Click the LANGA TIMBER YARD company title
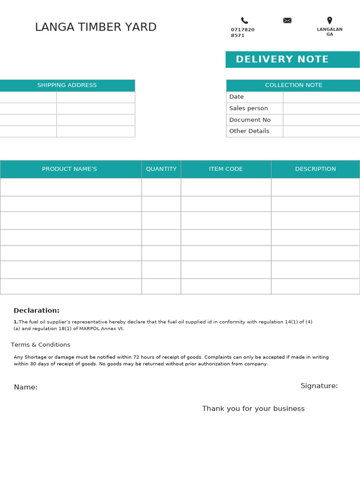[x=96, y=27]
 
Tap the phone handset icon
[x=244, y=21]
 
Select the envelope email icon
[x=287, y=20]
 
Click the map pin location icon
[x=330, y=21]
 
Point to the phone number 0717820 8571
[x=242, y=32]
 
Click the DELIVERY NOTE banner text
[x=282, y=60]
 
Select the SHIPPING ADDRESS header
[x=67, y=85]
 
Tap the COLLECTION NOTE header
[x=293, y=85]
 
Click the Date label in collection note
[x=236, y=97]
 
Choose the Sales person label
[x=248, y=108]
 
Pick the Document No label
[x=250, y=120]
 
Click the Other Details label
[x=249, y=131]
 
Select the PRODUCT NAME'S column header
[x=69, y=169]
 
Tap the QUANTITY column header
[x=161, y=169]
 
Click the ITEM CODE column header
[x=226, y=169]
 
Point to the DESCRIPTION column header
[x=315, y=169]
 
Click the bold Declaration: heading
[x=37, y=310]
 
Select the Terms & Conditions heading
[x=40, y=345]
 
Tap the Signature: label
[x=319, y=386]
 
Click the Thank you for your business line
[x=253, y=409]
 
